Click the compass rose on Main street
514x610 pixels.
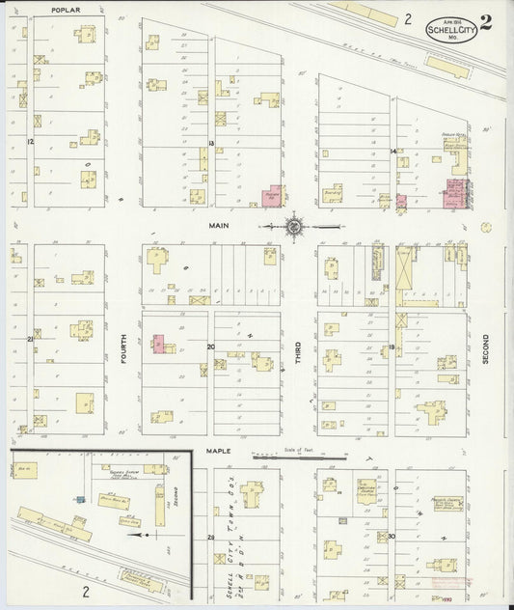pos(294,228)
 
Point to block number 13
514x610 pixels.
pos(209,143)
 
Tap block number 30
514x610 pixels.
pos(392,536)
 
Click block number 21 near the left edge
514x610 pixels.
pos(31,339)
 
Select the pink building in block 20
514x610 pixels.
pos(159,344)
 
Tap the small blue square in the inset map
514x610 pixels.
pos(81,499)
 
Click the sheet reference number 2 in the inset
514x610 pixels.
pos(86,591)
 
